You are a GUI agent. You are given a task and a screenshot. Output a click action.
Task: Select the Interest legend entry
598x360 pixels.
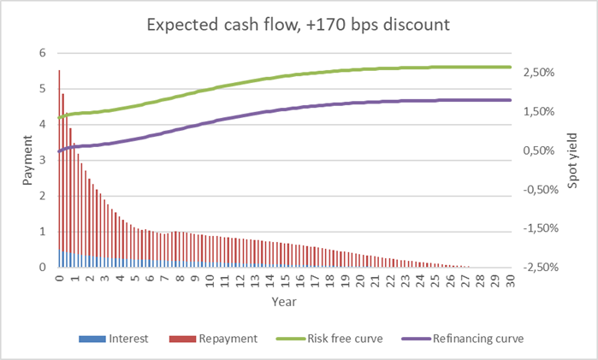coord(127,338)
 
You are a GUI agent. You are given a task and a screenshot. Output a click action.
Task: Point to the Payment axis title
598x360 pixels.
coord(27,161)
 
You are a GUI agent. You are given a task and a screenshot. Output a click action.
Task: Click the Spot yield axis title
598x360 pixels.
coord(572,161)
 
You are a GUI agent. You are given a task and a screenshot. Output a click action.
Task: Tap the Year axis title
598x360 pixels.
coord(284,301)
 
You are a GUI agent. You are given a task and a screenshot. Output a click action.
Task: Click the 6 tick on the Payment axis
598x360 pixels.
coord(42,53)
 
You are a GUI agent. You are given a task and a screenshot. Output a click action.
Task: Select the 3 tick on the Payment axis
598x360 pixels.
coord(42,160)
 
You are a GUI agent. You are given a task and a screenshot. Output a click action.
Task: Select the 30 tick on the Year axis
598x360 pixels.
coord(510,279)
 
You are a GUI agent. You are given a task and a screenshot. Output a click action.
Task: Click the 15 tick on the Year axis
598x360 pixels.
coord(284,279)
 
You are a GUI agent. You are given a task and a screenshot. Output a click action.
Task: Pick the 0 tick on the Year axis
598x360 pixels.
coord(58,279)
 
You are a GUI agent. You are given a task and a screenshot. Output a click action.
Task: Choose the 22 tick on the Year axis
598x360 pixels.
coord(389,279)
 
